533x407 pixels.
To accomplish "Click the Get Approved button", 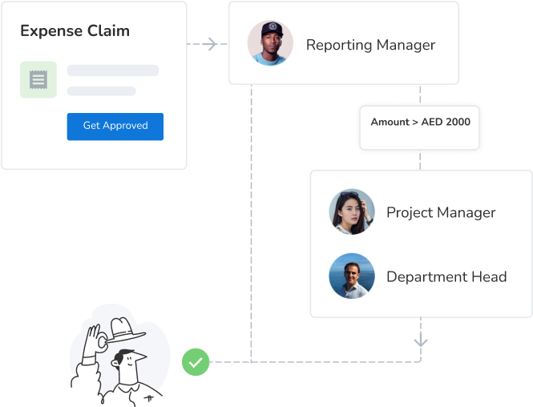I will tap(115, 126).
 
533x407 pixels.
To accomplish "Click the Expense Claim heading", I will tap(75, 31).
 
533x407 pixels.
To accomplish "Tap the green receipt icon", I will tap(38, 79).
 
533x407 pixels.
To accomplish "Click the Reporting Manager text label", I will tap(370, 45).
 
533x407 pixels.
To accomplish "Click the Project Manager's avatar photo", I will tap(352, 212).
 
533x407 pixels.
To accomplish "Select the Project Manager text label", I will tap(441, 212).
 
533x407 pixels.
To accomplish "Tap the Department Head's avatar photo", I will tap(352, 276).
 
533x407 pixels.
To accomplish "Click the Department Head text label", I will tap(446, 277).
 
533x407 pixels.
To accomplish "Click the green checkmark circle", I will tap(196, 362).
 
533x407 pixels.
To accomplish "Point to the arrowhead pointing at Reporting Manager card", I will tap(212, 44).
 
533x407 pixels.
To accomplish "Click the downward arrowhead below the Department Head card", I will tap(421, 342).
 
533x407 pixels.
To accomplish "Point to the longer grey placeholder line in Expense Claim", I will tap(113, 71).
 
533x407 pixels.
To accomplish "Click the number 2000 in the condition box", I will tap(459, 122).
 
